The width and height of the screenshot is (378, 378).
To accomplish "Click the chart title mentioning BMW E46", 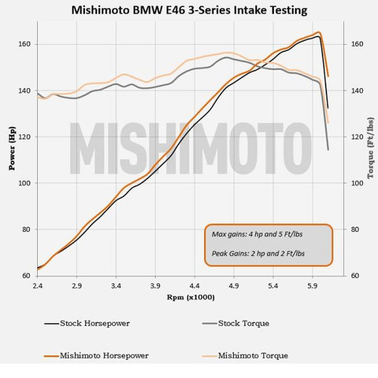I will (188, 10).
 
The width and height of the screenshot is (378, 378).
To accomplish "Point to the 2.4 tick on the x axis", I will (38, 287).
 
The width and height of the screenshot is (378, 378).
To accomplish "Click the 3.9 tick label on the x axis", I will (155, 287).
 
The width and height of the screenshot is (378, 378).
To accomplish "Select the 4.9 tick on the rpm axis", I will (234, 287).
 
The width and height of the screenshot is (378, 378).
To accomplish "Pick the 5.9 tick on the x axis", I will (313, 287).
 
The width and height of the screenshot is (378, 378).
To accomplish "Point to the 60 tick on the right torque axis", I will (356, 276).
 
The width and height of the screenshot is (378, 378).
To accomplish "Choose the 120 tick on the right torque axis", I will (357, 137).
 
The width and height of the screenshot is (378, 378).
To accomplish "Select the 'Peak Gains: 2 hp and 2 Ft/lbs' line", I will (258, 253).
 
